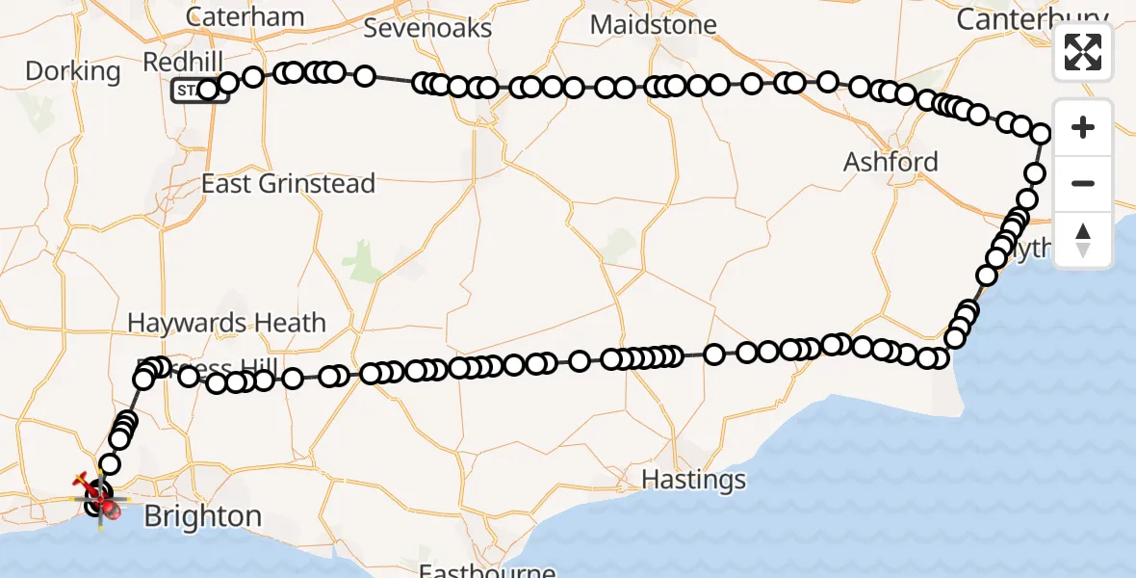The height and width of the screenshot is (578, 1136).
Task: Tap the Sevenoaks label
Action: click(x=427, y=28)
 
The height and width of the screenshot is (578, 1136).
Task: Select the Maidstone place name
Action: click(x=653, y=25)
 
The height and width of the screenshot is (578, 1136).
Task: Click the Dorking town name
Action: click(x=73, y=71)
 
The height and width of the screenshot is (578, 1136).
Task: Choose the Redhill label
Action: click(x=183, y=63)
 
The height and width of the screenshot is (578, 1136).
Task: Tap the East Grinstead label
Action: click(x=288, y=183)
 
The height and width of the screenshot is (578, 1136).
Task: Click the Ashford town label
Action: click(x=891, y=162)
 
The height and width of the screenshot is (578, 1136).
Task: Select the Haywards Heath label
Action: click(x=227, y=323)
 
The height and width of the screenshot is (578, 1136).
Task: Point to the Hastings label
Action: click(x=693, y=479)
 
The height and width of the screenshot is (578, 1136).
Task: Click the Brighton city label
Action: click(x=202, y=517)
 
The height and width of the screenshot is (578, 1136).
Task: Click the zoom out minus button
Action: click(x=1083, y=183)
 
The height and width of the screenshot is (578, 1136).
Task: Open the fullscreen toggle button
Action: click(x=1083, y=52)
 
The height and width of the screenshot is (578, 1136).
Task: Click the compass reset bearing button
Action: click(x=1083, y=239)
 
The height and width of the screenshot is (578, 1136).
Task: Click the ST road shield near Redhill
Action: click(x=186, y=92)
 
